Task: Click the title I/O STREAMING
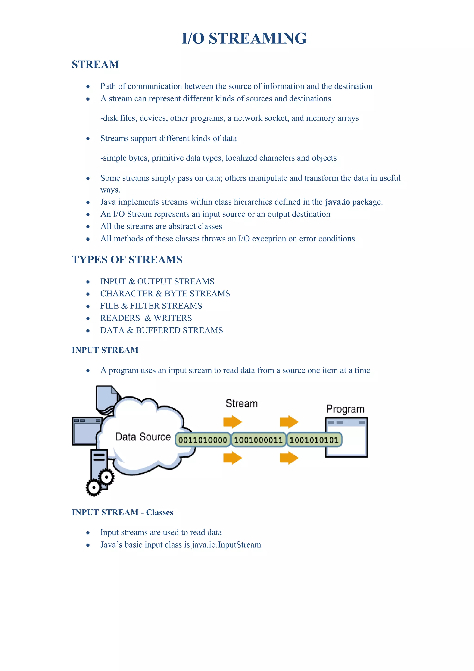(x=244, y=38)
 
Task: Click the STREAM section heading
(x=95, y=65)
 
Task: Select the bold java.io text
(x=337, y=202)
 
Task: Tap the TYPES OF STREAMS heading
(x=127, y=260)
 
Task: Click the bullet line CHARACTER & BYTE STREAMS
(x=165, y=293)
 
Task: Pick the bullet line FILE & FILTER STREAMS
(x=151, y=306)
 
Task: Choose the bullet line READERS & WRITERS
(x=146, y=318)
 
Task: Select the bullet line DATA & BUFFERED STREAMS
(x=161, y=330)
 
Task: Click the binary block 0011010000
(x=203, y=440)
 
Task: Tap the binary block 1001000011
(x=258, y=440)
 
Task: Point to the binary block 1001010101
(x=314, y=440)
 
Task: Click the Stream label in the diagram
(x=242, y=404)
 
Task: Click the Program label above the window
(x=345, y=409)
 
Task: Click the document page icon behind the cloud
(x=106, y=397)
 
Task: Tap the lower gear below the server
(x=94, y=487)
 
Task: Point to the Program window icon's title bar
(x=346, y=423)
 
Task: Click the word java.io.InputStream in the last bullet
(x=226, y=545)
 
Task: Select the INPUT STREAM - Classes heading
(x=122, y=512)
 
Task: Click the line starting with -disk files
(x=229, y=118)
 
